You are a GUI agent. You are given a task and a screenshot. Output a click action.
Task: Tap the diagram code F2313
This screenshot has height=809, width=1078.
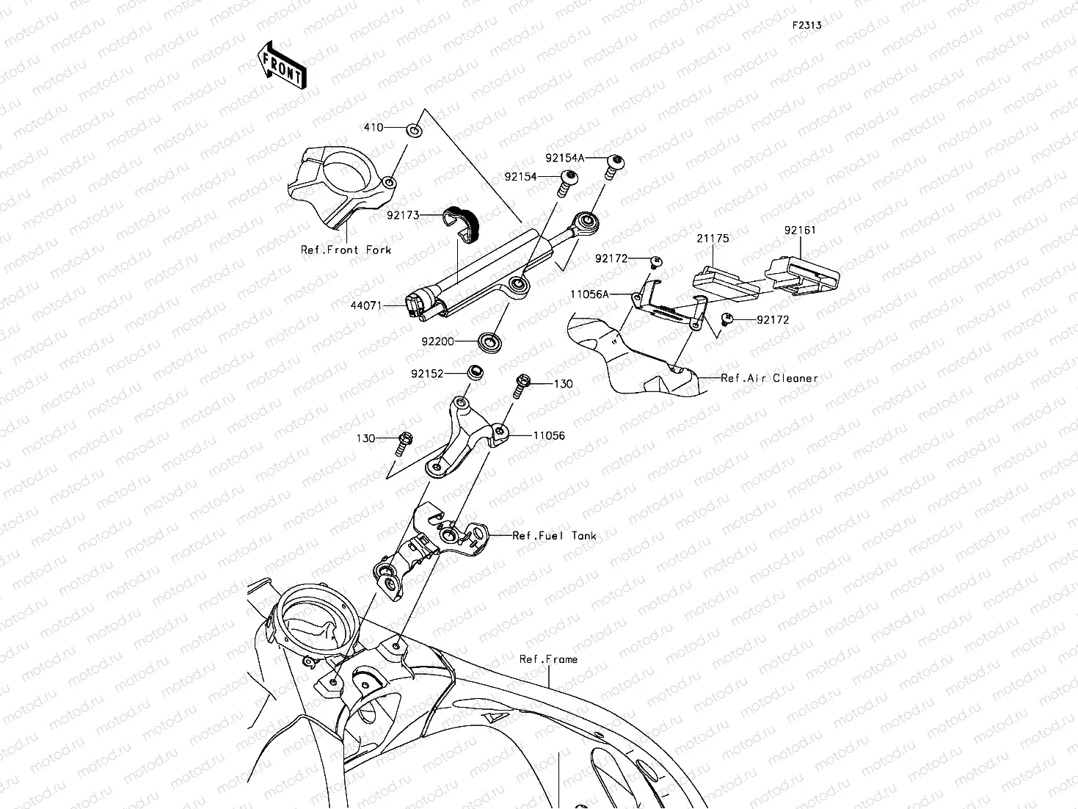pos(806,25)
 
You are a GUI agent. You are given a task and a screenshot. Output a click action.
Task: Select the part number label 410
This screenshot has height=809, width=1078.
pos(374,128)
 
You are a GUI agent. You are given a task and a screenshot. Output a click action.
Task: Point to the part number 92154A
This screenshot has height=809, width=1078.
pos(564,158)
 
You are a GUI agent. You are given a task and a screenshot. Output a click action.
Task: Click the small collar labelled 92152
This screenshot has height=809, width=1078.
pos(476,371)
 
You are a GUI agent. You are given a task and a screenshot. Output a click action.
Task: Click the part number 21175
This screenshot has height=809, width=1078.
pos(712,239)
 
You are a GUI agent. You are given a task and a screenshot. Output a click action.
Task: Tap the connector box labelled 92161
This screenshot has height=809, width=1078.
pos(802,274)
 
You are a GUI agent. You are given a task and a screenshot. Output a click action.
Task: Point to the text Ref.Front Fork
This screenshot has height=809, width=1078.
pos(346,250)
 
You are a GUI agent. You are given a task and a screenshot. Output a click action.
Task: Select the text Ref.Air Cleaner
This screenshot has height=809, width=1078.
pos(769,378)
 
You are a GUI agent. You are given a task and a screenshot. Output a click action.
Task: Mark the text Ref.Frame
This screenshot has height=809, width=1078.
pos(548,659)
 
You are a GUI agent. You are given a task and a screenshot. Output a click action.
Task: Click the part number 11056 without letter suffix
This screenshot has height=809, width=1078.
pos(549,435)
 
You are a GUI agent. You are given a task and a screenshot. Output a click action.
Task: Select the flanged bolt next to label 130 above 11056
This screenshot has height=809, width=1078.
pos(522,384)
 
